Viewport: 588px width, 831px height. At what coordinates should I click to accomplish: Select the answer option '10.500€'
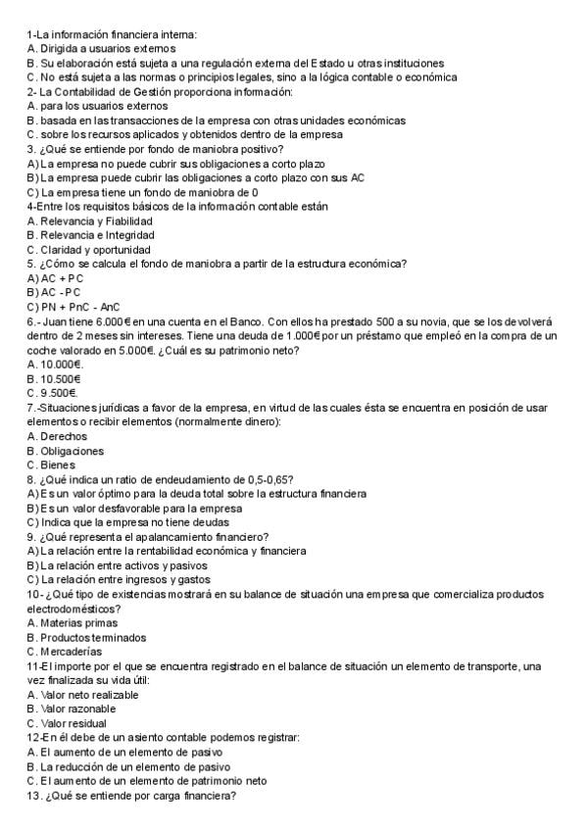pos(55,378)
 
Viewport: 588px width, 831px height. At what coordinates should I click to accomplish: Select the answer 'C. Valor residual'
pos(67,723)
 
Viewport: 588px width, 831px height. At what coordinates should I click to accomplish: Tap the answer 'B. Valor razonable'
pos(72,709)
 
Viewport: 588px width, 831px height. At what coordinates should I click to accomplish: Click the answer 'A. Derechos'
pos(57,435)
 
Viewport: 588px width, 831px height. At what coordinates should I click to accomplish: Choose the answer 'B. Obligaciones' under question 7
pos(65,450)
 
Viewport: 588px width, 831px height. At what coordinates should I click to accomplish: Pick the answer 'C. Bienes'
pos(53,464)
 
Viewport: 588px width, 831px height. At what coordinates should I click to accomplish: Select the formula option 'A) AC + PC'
pos(56,277)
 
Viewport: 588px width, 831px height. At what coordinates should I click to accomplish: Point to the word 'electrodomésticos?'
pos(73,608)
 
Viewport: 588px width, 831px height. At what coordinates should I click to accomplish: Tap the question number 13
pos(33,796)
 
